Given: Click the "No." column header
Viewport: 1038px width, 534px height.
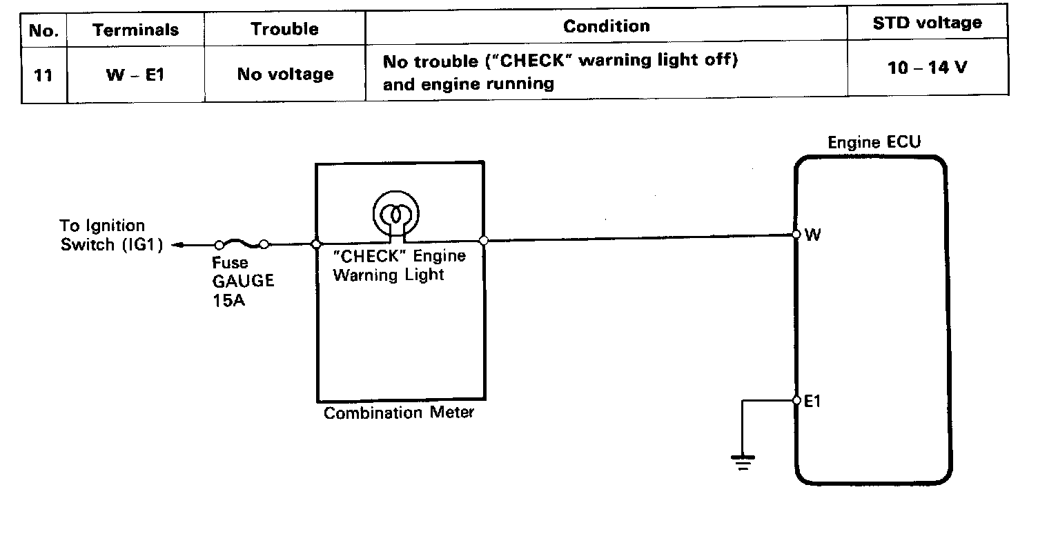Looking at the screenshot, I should pos(44,30).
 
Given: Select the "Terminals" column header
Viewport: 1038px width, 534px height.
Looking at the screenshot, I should pos(135,30).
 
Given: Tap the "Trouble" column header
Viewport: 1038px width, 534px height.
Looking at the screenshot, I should pos(284,29).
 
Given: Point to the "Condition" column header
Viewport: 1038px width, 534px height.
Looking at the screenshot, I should pos(606,26).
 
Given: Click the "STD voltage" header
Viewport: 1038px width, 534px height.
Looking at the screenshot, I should pos(927,23).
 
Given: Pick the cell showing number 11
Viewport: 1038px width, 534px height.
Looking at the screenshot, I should pos(43,75).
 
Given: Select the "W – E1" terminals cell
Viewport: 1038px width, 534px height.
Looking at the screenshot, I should pos(135,74).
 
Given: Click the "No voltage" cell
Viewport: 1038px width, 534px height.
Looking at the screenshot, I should pos(284,74).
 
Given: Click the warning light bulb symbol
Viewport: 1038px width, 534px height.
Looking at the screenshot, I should pos(396,214).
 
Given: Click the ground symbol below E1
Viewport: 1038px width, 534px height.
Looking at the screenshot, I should pos(743,461).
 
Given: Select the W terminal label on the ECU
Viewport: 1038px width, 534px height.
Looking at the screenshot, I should pos(813,235).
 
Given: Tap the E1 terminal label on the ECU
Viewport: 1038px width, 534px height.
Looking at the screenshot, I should pos(813,401).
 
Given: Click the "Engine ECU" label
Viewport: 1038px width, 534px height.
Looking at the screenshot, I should pos(874,144).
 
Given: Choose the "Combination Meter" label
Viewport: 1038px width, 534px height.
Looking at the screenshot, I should pos(399,413).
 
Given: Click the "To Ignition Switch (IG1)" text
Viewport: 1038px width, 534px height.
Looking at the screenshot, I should pos(104,235).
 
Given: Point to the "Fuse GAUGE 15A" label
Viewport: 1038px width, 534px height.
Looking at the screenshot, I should pos(243,281).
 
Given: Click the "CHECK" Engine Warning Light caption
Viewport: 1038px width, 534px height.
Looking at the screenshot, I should pos(399,266).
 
